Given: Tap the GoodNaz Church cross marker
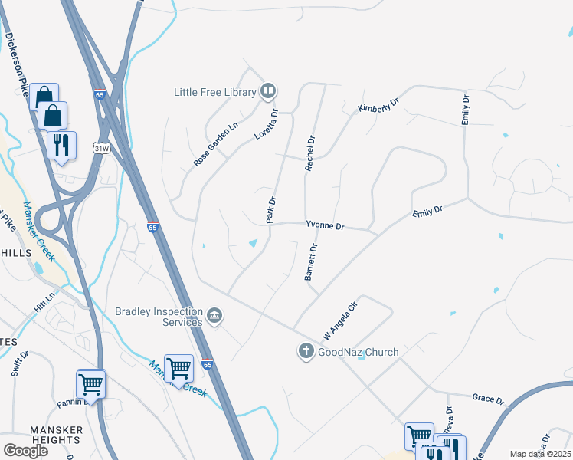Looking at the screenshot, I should pos(306,352).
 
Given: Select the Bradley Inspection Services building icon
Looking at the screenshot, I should pos(214,316).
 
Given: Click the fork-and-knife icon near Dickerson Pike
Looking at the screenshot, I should pos(61,144).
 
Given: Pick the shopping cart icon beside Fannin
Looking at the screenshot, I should pos(90,383).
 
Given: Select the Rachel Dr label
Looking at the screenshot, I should pos(310,153).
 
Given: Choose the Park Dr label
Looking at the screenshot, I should pos(271,211).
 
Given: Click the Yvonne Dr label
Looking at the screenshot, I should pos(326,226).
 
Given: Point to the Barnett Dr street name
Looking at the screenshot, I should pos(311,263).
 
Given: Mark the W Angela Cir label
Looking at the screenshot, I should pos(340,320).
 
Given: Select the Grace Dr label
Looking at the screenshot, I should pos(488,400).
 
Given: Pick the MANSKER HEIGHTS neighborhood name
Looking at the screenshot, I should pos(55,435).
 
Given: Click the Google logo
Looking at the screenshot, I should pos(25,450).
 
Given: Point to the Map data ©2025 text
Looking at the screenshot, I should pos(539,454).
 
